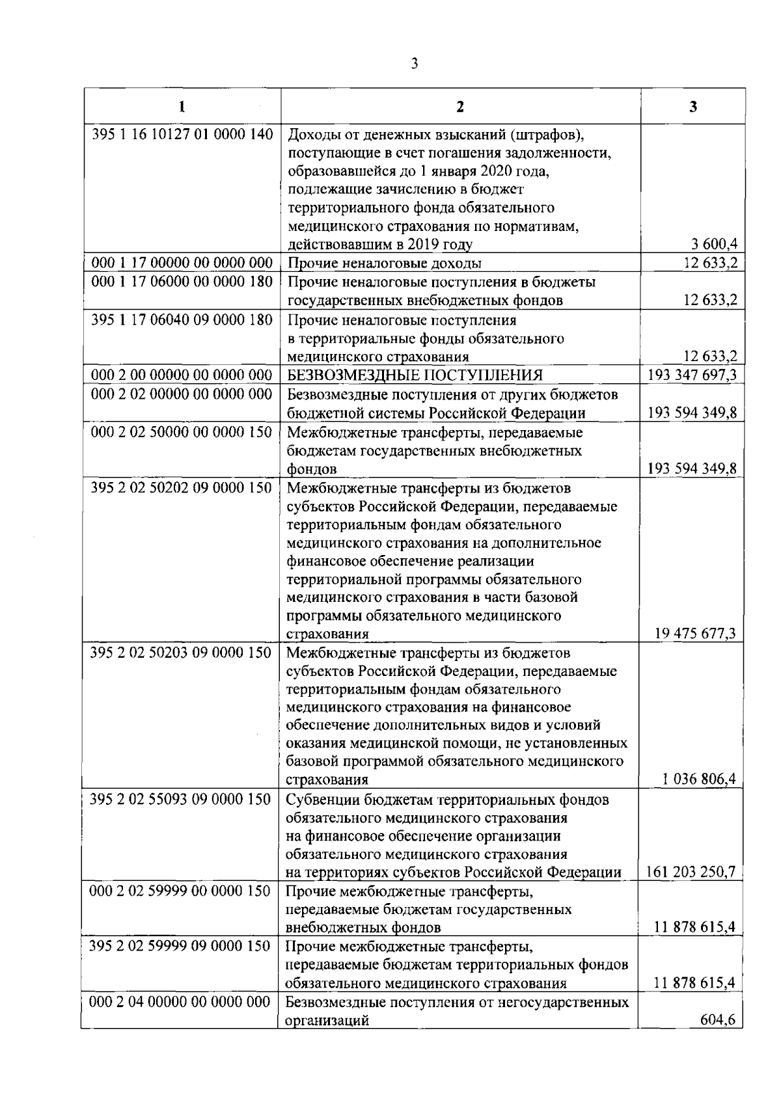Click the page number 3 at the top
tap(414, 64)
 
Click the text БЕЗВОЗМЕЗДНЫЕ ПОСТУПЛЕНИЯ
tap(415, 375)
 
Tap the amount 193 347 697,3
tap(692, 375)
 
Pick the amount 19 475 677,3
tap(696, 634)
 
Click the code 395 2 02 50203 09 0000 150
tap(180, 653)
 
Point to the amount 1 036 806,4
tap(700, 779)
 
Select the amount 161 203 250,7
tap(691, 872)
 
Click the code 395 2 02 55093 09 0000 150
tap(180, 799)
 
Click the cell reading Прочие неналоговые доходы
tap(385, 263)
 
